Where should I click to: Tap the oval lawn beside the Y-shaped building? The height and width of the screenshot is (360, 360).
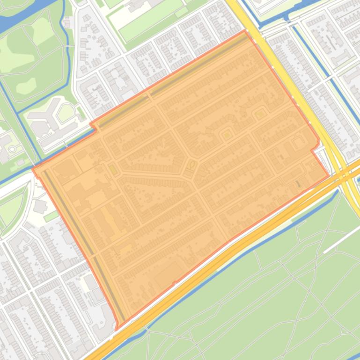coord(66,112)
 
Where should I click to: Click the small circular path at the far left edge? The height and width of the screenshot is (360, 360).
coord(12,149)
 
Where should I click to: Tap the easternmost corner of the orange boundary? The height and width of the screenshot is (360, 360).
coord(329,176)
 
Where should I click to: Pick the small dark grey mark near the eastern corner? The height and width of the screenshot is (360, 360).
coord(298,184)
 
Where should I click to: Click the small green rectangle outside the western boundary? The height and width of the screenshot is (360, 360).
coord(51,216)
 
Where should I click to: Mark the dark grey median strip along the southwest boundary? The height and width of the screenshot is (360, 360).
coord(84,243)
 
